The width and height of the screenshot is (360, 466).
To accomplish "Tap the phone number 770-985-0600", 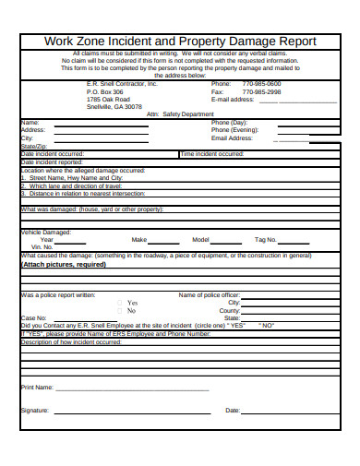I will (261, 83).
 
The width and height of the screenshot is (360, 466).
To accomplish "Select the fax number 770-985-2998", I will (261, 92).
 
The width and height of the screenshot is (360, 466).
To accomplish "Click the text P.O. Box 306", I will (104, 92).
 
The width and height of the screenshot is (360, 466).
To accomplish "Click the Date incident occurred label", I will (52, 154).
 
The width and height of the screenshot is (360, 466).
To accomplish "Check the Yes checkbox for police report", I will (119, 303).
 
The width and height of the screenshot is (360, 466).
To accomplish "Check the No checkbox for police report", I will (119, 311).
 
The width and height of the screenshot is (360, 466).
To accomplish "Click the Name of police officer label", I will (209, 295).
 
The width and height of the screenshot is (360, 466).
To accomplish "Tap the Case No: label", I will (34, 318).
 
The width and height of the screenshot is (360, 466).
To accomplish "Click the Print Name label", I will (37, 388).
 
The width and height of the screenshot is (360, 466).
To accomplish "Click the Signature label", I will (35, 410).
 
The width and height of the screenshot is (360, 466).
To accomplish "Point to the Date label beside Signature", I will (233, 410).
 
